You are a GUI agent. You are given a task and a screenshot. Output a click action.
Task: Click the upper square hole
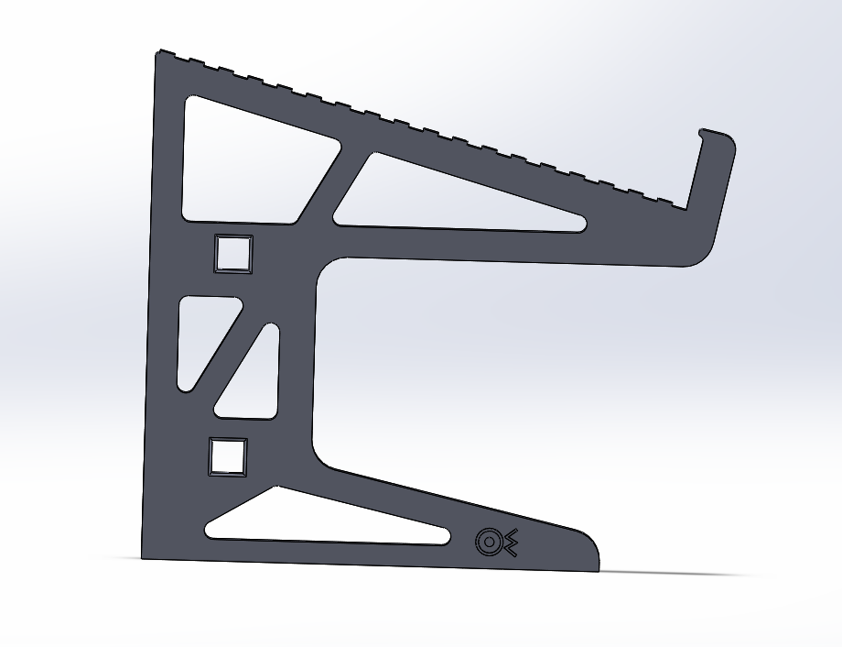(232, 253)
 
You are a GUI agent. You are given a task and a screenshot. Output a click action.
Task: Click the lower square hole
(228, 456)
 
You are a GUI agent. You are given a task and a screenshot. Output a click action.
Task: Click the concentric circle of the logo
(489, 543)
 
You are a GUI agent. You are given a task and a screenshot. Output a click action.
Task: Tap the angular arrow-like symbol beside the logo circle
(510, 543)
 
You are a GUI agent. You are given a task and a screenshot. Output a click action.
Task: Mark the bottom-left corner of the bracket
(144, 556)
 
